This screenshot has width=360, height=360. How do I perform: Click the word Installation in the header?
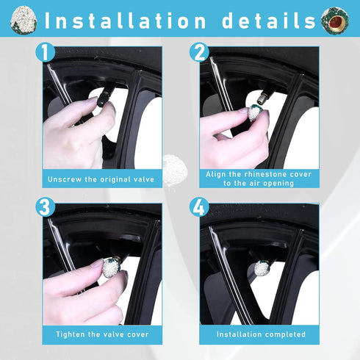click(x=125, y=21)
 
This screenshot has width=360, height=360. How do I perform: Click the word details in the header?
click(x=269, y=21)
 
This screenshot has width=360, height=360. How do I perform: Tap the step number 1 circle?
click(x=46, y=52)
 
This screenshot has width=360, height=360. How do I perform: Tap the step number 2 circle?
click(x=199, y=52)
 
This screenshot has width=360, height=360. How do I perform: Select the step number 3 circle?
click(x=46, y=207)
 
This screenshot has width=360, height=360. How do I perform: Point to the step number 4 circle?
click(x=199, y=207)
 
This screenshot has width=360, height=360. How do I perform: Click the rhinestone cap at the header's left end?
click(x=24, y=20)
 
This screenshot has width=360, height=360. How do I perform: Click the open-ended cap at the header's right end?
click(x=335, y=21)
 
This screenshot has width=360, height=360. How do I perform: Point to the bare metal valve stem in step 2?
click(x=263, y=97)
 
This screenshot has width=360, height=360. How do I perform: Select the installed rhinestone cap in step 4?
click(x=262, y=267)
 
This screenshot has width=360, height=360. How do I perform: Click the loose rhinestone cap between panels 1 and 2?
click(x=175, y=169)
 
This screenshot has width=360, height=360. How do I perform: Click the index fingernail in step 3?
click(x=97, y=263)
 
